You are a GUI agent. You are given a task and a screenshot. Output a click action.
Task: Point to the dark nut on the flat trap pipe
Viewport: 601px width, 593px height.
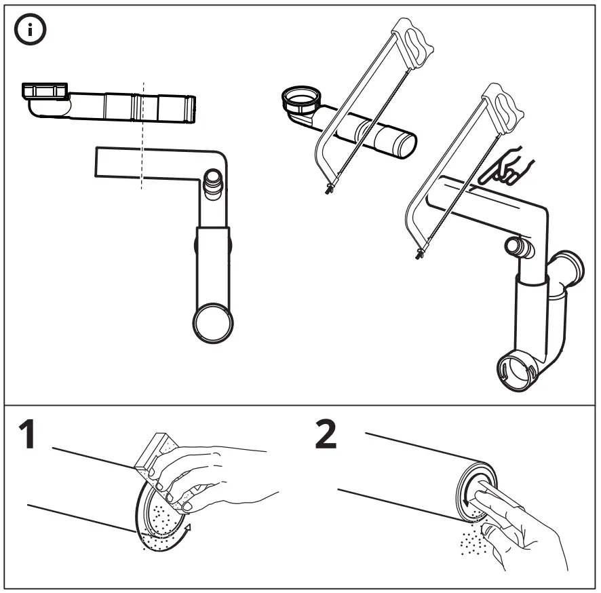point(46,90)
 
